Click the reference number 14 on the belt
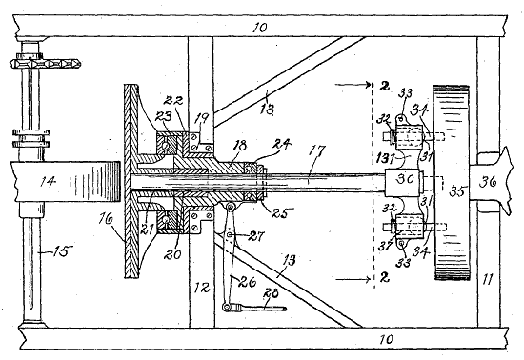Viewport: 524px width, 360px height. point(48,182)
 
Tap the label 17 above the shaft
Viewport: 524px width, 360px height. point(315,150)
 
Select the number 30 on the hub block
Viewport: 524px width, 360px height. point(405,179)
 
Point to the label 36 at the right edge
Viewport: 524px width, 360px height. point(488,182)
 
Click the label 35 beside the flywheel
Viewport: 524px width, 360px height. point(457,191)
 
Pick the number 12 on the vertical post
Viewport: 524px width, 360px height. point(202,288)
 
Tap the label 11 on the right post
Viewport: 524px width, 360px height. point(488,279)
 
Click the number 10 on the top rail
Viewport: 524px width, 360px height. point(260,27)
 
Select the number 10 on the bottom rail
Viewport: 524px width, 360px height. point(385,339)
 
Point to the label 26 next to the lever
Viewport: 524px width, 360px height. point(248,282)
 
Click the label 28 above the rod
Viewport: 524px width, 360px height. point(271,294)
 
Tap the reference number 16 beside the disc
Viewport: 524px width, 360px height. point(107,219)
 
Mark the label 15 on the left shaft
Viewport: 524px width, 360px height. point(63,251)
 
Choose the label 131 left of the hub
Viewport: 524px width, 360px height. point(384,159)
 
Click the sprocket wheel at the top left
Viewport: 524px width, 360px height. point(46,63)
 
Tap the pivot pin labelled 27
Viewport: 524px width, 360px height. point(230,235)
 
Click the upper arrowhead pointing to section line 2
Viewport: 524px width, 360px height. point(369,85)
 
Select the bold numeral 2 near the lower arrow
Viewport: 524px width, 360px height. point(385,278)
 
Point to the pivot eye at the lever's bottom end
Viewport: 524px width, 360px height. point(226,307)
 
